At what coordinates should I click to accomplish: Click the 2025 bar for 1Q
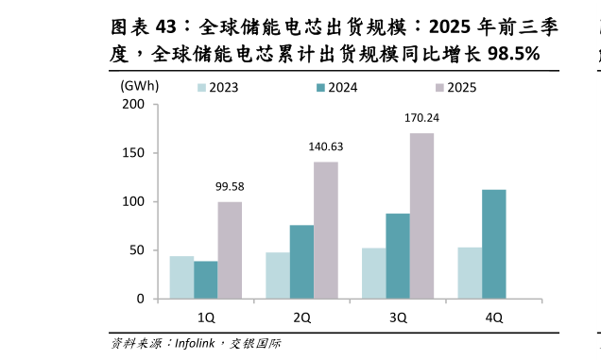tap(230, 250)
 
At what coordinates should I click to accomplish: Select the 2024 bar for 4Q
tap(493, 245)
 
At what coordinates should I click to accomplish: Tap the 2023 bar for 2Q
tap(278, 275)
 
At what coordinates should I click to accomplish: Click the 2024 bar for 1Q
tap(205, 280)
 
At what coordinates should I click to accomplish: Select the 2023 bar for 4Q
tap(470, 273)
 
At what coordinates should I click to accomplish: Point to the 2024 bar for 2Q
tap(301, 262)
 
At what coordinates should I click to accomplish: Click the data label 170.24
tap(421, 118)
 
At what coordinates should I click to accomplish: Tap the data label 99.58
tap(230, 186)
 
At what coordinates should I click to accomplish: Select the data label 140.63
tap(326, 146)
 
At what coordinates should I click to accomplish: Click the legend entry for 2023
tap(216, 88)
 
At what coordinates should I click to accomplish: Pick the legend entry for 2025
tap(454, 88)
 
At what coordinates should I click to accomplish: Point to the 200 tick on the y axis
tap(133, 104)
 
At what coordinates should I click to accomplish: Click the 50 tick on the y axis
tap(137, 250)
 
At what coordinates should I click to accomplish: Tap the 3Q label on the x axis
tap(398, 317)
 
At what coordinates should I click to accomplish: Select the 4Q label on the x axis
tap(493, 317)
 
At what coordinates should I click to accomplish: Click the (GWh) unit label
tap(139, 85)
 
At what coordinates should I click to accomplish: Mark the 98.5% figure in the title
tap(511, 55)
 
